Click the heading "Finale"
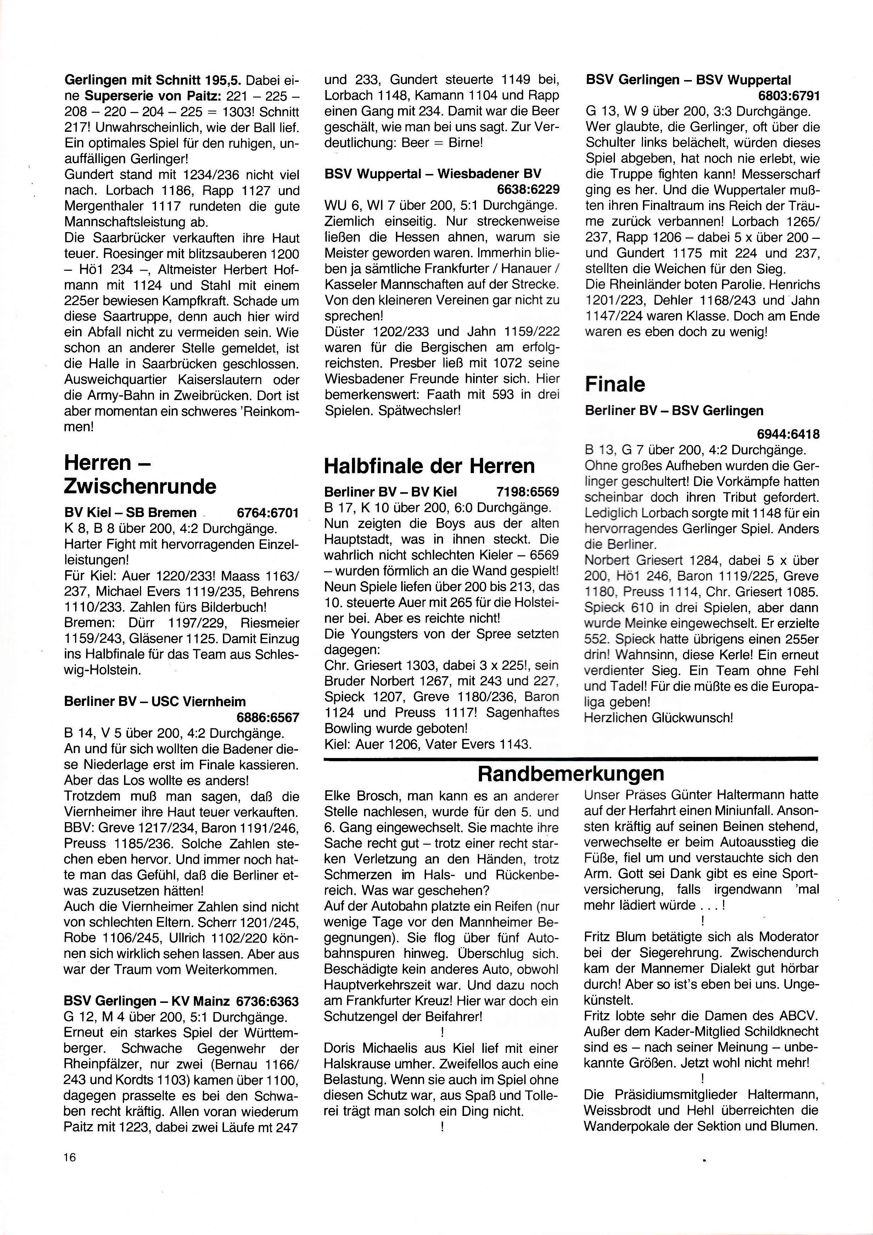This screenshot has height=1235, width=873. pos(615,384)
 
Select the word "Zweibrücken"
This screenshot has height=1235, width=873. pos(213,396)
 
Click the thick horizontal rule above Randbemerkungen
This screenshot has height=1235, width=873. pos(571,758)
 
